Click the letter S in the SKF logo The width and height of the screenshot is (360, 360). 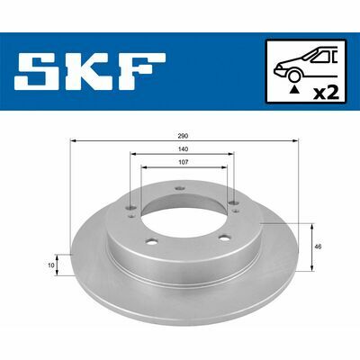pos(36,71)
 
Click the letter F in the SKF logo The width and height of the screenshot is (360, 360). pos(142,71)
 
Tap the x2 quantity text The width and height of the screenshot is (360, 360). pos(326,94)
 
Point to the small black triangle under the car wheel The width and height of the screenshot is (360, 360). pos(295,89)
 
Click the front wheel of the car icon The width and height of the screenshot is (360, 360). pos(294,76)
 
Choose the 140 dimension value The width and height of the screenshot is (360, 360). pos(184,149)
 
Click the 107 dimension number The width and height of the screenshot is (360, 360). pos(184,162)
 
